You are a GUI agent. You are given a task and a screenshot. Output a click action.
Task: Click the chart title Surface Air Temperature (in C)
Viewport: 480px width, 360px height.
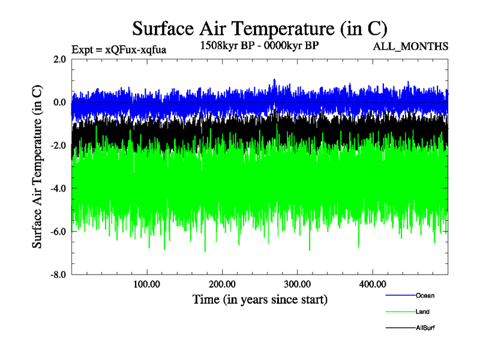(260, 28)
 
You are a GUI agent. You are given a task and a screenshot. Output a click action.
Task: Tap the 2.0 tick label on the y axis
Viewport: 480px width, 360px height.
(59, 59)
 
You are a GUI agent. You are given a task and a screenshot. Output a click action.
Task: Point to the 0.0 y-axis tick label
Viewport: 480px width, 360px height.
(59, 103)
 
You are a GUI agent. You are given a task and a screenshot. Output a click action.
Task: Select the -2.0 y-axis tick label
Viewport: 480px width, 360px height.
(58, 146)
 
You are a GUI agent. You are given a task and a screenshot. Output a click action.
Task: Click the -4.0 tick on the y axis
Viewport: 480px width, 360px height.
(58, 188)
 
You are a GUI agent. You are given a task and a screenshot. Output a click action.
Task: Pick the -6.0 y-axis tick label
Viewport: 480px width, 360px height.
(58, 232)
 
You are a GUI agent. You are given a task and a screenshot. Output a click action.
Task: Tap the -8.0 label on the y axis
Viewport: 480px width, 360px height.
(58, 275)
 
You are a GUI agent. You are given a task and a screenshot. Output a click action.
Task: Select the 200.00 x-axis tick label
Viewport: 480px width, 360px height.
(222, 284)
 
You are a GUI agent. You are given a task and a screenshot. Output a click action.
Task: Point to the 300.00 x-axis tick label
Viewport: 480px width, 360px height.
(297, 284)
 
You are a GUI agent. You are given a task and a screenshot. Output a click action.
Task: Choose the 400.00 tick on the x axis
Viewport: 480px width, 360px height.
(372, 284)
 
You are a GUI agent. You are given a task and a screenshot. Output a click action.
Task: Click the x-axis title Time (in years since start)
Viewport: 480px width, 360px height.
(260, 299)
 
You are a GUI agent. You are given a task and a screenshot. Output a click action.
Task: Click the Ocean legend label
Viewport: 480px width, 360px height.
(425, 295)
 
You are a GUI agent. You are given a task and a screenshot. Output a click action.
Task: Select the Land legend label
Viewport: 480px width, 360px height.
(422, 312)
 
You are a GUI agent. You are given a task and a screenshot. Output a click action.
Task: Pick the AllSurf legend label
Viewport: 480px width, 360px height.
(425, 328)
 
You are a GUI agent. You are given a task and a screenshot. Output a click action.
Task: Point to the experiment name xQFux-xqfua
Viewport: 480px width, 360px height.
(136, 50)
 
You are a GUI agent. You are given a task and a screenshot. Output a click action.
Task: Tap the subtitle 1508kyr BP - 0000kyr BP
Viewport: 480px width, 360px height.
(260, 44)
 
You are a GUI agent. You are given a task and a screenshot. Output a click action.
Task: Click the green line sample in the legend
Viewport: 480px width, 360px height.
(399, 312)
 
